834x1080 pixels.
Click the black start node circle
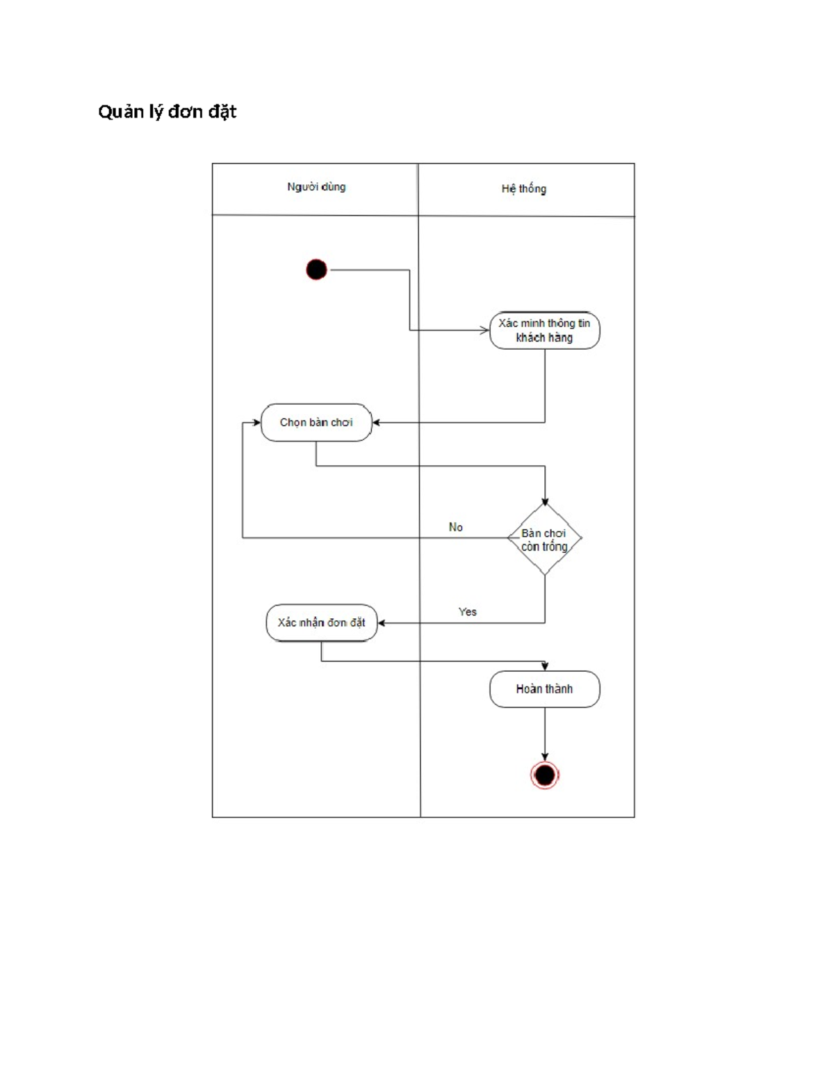pyautogui.click(x=316, y=269)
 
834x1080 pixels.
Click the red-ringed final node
pyautogui.click(x=545, y=775)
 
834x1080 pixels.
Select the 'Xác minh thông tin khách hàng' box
pyautogui.click(x=544, y=330)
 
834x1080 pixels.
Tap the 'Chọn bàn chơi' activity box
pyautogui.click(x=316, y=422)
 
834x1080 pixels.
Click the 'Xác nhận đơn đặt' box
pyautogui.click(x=321, y=622)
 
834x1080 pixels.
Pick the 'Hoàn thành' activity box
pyautogui.click(x=544, y=689)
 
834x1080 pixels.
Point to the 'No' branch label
pyautogui.click(x=456, y=527)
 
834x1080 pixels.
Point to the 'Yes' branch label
pyautogui.click(x=467, y=612)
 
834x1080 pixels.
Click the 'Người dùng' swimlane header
pyautogui.click(x=316, y=187)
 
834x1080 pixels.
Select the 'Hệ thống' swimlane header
pyautogui.click(x=524, y=188)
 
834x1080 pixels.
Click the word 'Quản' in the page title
pyautogui.click(x=120, y=112)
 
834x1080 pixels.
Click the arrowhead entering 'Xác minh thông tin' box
pyautogui.click(x=485, y=330)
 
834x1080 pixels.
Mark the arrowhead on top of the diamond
pyautogui.click(x=545, y=501)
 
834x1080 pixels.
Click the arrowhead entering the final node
pyautogui.click(x=545, y=757)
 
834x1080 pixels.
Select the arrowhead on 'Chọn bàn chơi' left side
pyautogui.click(x=256, y=422)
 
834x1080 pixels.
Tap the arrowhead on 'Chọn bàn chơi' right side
pyautogui.click(x=376, y=422)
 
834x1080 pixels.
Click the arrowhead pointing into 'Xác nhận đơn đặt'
pyautogui.click(x=382, y=622)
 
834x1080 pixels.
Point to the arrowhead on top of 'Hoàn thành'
pyautogui.click(x=545, y=666)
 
